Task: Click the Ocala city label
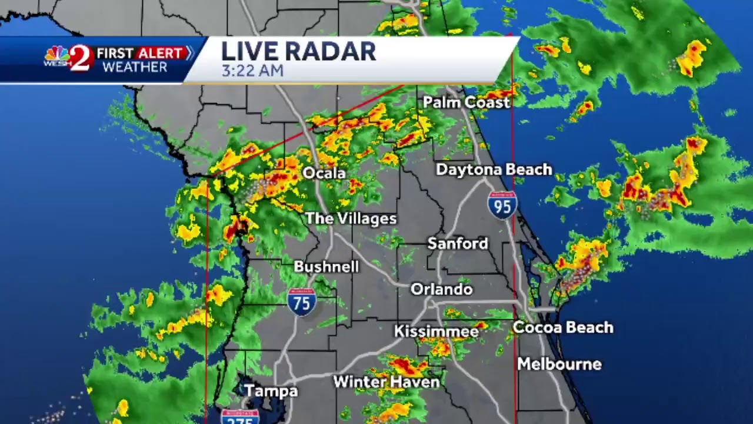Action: click(x=324, y=173)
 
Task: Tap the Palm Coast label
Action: click(x=466, y=102)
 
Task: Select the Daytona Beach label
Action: click(x=494, y=170)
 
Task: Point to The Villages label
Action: click(x=351, y=218)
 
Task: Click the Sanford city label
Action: click(x=458, y=243)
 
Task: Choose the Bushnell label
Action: click(x=326, y=267)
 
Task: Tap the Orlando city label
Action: click(x=441, y=289)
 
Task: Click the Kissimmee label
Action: click(x=436, y=332)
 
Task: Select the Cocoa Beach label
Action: click(x=563, y=327)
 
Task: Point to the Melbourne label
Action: click(x=559, y=364)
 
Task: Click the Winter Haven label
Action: click(x=386, y=382)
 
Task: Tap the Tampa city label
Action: click(x=271, y=390)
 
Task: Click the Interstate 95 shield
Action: click(x=502, y=205)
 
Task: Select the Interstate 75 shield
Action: click(x=302, y=302)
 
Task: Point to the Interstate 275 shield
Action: click(x=240, y=417)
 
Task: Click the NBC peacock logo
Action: click(x=56, y=57)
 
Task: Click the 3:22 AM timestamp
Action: click(x=252, y=71)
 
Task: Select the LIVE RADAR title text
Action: click(x=298, y=51)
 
